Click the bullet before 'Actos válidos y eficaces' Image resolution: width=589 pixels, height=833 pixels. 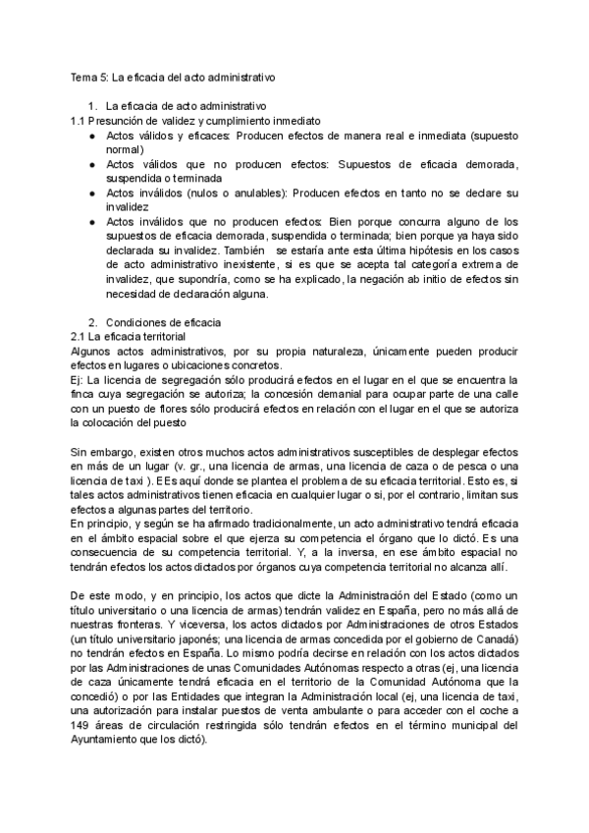(x=90, y=136)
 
